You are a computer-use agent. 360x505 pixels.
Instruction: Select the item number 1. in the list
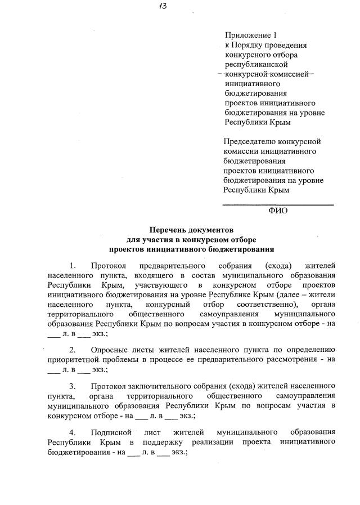point(72,265)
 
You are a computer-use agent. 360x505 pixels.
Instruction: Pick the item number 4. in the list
point(72,432)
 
